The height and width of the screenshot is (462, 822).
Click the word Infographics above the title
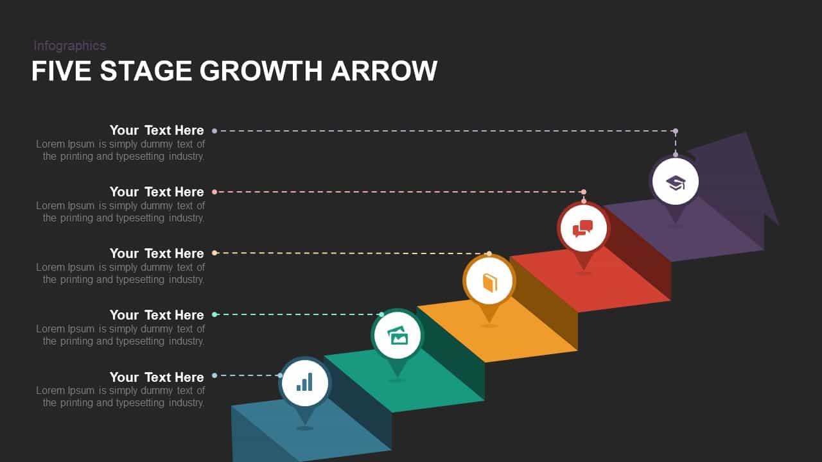[x=70, y=46]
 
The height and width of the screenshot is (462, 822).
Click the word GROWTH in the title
[x=261, y=71]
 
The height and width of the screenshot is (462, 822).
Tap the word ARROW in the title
[x=384, y=71]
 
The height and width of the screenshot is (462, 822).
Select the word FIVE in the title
[x=61, y=71]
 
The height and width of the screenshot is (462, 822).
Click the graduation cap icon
[x=676, y=183]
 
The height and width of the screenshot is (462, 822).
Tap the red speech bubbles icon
[x=582, y=228]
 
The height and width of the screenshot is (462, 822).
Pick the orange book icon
[x=490, y=283]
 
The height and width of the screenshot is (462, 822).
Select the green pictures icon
[x=397, y=335]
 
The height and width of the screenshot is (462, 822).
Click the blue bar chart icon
[x=304, y=382]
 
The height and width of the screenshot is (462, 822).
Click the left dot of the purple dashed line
[x=214, y=131]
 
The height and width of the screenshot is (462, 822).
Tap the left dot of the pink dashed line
[x=214, y=192]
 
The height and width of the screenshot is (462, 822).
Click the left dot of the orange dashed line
[x=214, y=253]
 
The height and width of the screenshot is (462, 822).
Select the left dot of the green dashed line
[x=214, y=314]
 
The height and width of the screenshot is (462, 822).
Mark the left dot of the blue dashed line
[x=214, y=375]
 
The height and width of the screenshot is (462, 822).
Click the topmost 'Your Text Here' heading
[x=157, y=130]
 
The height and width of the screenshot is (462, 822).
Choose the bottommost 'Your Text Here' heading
[x=157, y=377]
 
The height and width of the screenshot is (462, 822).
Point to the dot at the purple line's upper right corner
[x=676, y=131]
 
